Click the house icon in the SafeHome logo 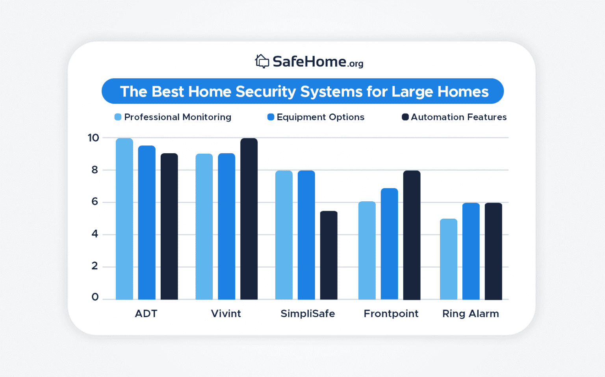coord(262,61)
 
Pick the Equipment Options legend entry coord(316,117)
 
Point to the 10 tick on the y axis coord(93,138)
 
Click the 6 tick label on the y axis coord(95,202)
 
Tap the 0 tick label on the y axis coord(95,297)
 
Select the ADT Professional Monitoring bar coord(124,219)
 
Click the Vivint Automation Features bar coord(249,219)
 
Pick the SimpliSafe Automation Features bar coord(328,255)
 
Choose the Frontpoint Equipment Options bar coord(389,244)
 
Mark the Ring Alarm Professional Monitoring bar coord(448,259)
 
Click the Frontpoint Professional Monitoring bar coord(367,251)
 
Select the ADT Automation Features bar coord(169,227)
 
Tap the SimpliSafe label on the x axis coord(308,314)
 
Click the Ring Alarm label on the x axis coord(470,314)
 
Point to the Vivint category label coord(226,314)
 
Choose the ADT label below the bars coord(146,314)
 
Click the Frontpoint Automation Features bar coord(412,235)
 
